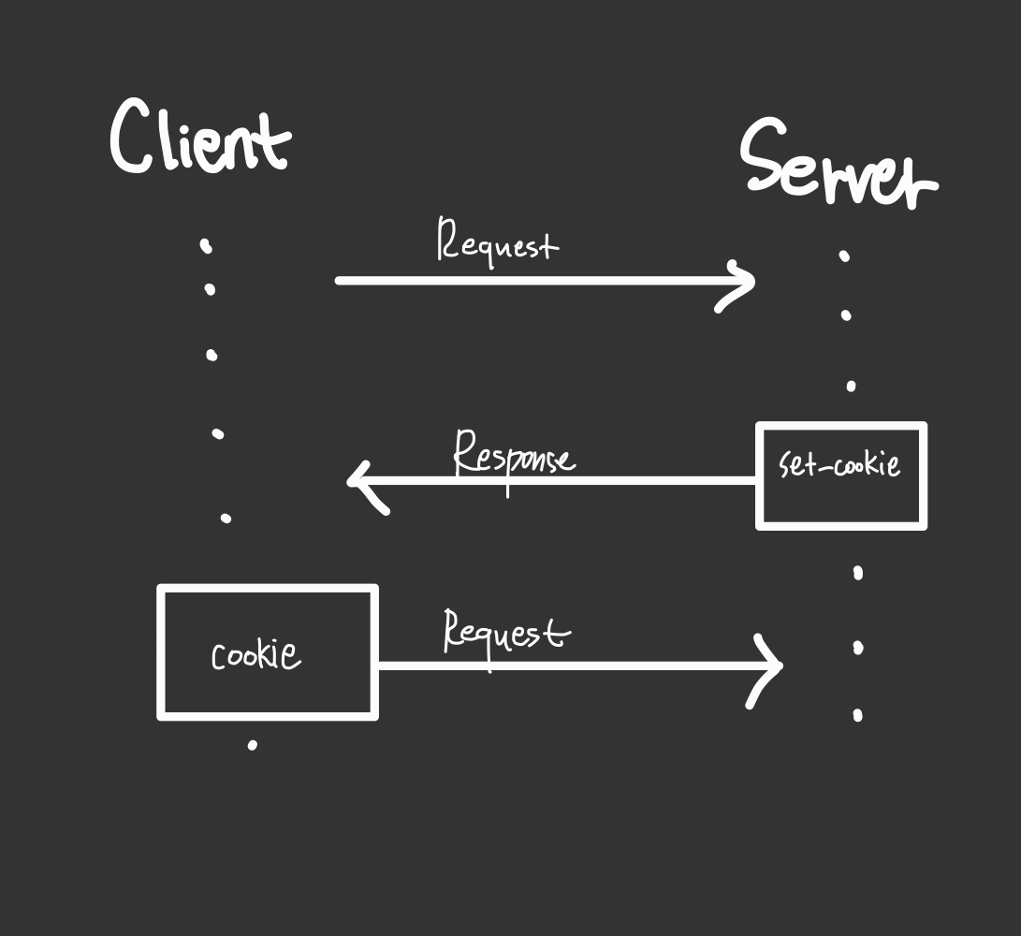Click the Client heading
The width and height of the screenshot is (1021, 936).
(x=199, y=139)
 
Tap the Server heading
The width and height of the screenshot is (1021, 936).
(x=838, y=167)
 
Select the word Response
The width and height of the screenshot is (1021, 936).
(x=514, y=456)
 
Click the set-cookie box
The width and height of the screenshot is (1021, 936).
(x=840, y=475)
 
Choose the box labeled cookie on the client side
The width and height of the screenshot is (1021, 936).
(x=268, y=652)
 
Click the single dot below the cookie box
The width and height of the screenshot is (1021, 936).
(x=252, y=745)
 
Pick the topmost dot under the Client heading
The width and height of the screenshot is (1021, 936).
(x=206, y=246)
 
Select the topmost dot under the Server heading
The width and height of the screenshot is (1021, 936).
(x=844, y=255)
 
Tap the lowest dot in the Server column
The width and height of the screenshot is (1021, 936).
(x=857, y=716)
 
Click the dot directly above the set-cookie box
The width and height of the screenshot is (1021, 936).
(x=851, y=386)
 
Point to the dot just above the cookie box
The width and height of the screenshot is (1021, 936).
(x=226, y=518)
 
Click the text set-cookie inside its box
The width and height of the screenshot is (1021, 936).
(x=839, y=463)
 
